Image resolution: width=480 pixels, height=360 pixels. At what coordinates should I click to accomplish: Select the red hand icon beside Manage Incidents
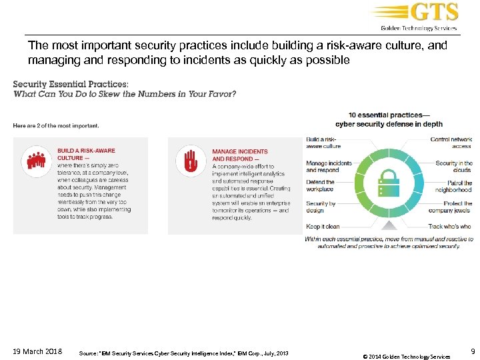click(x=191, y=160)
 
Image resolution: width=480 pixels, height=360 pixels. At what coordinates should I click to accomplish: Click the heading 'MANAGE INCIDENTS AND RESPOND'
click(x=240, y=155)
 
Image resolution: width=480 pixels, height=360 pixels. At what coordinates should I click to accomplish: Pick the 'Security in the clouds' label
click(x=453, y=166)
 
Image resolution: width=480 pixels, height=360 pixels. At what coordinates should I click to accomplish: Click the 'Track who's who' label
click(x=449, y=227)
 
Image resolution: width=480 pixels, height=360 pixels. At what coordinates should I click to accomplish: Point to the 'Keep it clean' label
click(x=323, y=227)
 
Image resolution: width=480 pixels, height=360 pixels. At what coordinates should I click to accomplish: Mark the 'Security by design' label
click(x=320, y=207)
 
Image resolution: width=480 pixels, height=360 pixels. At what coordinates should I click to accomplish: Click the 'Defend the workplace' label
click(x=320, y=186)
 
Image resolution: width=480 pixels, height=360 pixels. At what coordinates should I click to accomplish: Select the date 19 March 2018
click(x=37, y=351)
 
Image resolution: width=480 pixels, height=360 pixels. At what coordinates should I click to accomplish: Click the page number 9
click(x=473, y=351)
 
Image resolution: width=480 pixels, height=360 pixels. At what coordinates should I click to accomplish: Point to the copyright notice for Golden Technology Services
click(x=406, y=355)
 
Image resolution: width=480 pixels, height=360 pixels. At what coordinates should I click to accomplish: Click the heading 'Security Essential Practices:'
click(x=69, y=85)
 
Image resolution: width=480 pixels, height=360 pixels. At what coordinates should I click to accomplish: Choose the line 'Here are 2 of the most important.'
click(x=56, y=125)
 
